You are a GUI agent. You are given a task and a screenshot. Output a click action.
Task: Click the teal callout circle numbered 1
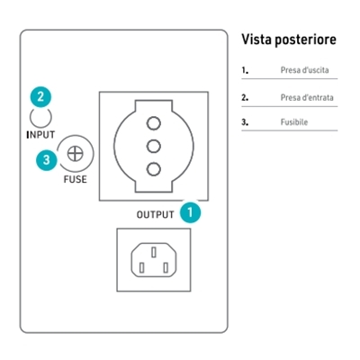[190, 212]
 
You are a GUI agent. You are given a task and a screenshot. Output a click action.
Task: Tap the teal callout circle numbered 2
[40, 97]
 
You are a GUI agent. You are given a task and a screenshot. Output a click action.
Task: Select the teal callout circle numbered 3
[47, 159]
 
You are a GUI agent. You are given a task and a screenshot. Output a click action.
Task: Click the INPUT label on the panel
[40, 135]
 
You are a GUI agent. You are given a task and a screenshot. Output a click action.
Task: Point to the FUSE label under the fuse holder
[76, 179]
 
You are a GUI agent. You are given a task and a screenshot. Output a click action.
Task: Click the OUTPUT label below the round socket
[155, 214]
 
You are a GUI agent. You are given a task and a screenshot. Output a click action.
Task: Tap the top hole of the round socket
[154, 123]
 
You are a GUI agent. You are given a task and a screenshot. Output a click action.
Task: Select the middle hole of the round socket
[154, 146]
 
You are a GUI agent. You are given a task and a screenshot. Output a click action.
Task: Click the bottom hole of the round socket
[154, 169]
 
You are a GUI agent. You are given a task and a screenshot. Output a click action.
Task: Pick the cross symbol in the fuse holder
[75, 154]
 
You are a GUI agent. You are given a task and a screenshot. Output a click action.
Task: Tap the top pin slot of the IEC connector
[154, 252]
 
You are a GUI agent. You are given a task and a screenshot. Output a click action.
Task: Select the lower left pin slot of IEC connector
[142, 267]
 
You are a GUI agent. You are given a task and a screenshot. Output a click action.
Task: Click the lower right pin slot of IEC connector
[166, 267]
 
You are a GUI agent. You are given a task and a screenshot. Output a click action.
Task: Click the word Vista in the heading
[256, 40]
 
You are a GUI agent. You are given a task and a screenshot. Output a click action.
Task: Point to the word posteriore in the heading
[306, 40]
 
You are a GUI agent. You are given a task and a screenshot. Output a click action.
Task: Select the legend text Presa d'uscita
[304, 70]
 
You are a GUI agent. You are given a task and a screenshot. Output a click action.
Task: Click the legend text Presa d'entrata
[307, 97]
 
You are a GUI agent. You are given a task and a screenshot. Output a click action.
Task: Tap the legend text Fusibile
[294, 122]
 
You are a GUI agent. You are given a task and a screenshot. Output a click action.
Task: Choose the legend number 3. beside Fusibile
[245, 122]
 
